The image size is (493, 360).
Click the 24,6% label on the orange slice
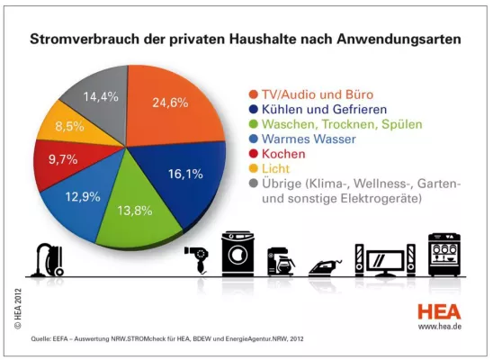pos(169,102)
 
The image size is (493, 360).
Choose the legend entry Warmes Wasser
pos(309,139)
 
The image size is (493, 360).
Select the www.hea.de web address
pos(441,328)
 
